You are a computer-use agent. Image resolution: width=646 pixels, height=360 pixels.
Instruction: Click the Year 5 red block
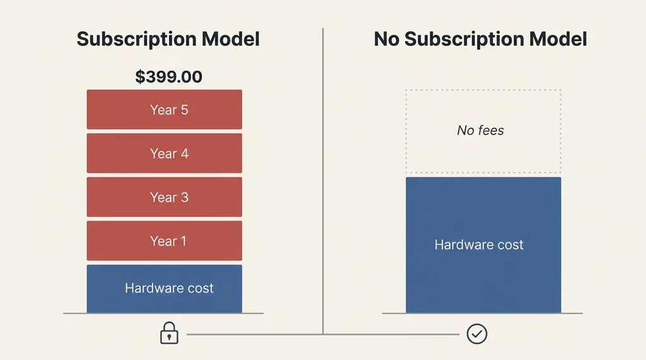pos(164,110)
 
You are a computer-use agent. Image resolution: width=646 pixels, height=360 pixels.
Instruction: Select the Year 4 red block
pos(164,153)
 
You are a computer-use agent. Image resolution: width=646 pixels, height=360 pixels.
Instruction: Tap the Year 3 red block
pos(164,197)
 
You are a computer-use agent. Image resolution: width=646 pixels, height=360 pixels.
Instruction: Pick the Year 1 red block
pos(164,241)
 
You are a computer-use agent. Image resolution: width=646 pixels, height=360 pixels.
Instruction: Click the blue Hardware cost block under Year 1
pos(164,289)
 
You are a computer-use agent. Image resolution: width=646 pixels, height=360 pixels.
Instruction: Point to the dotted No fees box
pos(483,151)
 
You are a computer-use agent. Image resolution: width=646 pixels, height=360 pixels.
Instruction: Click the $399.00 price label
pos(168,78)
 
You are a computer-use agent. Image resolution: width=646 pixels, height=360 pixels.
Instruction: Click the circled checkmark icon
pos(476,334)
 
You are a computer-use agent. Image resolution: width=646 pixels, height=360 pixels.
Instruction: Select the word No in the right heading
pos(387,39)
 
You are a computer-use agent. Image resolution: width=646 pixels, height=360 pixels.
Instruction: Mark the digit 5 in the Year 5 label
pos(184,110)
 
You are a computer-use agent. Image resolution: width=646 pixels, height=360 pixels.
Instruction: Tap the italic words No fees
pos(481,131)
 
